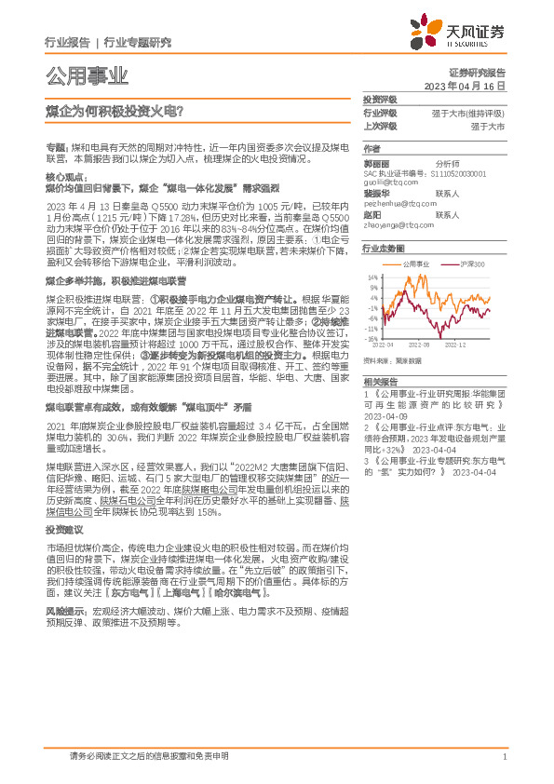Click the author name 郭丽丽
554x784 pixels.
coord(375,162)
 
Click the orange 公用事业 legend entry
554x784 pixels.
coord(416,265)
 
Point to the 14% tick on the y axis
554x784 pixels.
coord(372,277)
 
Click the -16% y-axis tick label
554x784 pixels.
coord(370,339)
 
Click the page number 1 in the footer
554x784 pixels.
coord(504,756)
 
